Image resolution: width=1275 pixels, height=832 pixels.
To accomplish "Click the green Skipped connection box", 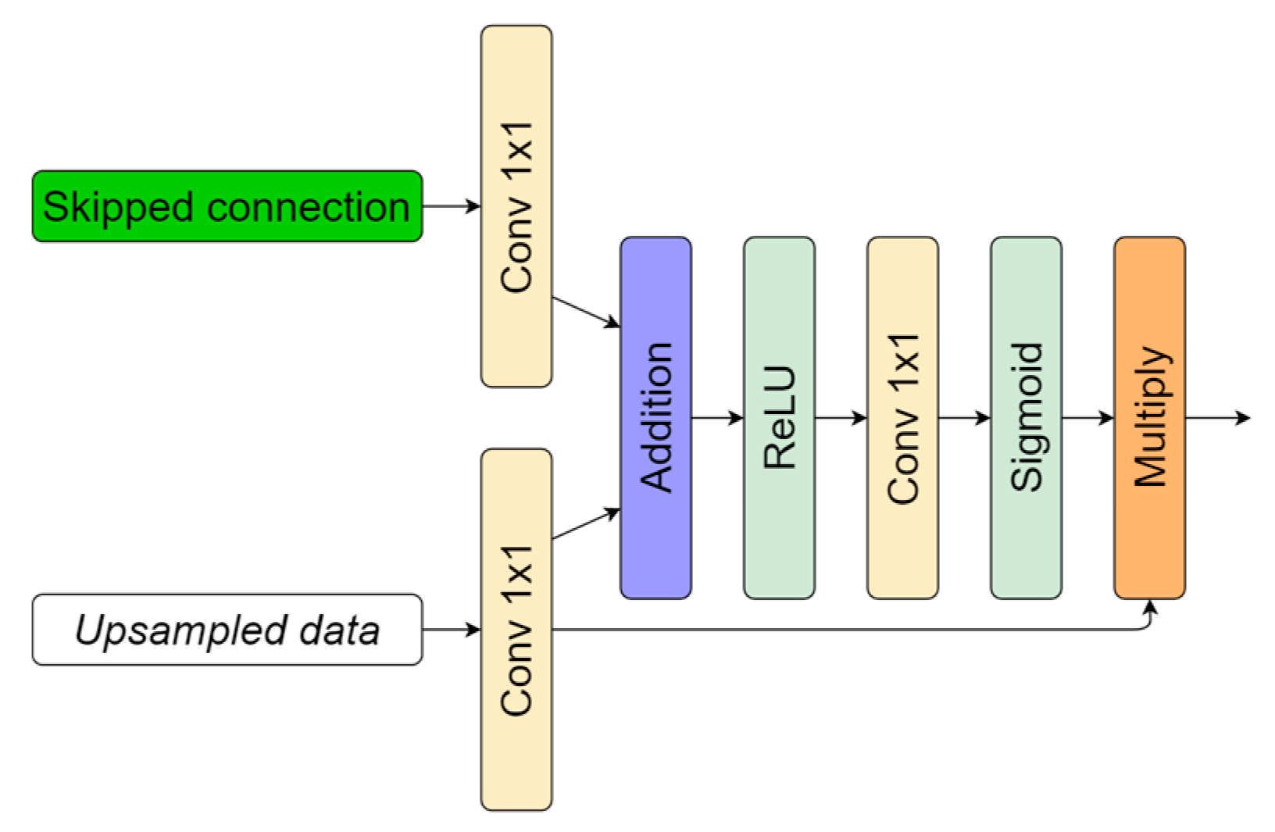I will [227, 206].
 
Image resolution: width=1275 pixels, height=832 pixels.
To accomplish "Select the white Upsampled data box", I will [227, 630].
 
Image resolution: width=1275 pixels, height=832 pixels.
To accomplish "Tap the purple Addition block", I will [655, 418].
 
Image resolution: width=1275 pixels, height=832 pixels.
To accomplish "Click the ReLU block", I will [779, 418].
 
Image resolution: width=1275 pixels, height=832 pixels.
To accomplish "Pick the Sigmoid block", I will [1026, 418].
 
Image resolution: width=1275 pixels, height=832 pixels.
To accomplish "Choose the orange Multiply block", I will [1149, 418].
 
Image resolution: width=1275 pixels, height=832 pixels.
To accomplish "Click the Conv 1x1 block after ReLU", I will [902, 418].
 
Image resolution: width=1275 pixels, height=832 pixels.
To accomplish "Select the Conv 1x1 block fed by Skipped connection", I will [516, 206].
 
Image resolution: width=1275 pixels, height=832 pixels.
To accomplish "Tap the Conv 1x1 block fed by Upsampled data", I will [516, 630].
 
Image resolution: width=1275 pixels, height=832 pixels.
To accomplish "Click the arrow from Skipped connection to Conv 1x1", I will [451, 206].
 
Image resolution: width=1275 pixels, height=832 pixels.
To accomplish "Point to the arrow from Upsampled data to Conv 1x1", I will [451, 630].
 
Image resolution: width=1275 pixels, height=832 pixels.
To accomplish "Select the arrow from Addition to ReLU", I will [717, 418].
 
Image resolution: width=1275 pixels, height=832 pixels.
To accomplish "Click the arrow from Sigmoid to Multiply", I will [1087, 418].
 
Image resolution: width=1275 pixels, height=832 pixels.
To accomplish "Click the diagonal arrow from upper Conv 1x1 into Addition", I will [586, 311].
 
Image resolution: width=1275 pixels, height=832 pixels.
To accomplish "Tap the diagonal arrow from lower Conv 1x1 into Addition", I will [586, 524].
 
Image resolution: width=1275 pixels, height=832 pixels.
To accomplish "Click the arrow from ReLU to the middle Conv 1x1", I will [841, 418].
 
